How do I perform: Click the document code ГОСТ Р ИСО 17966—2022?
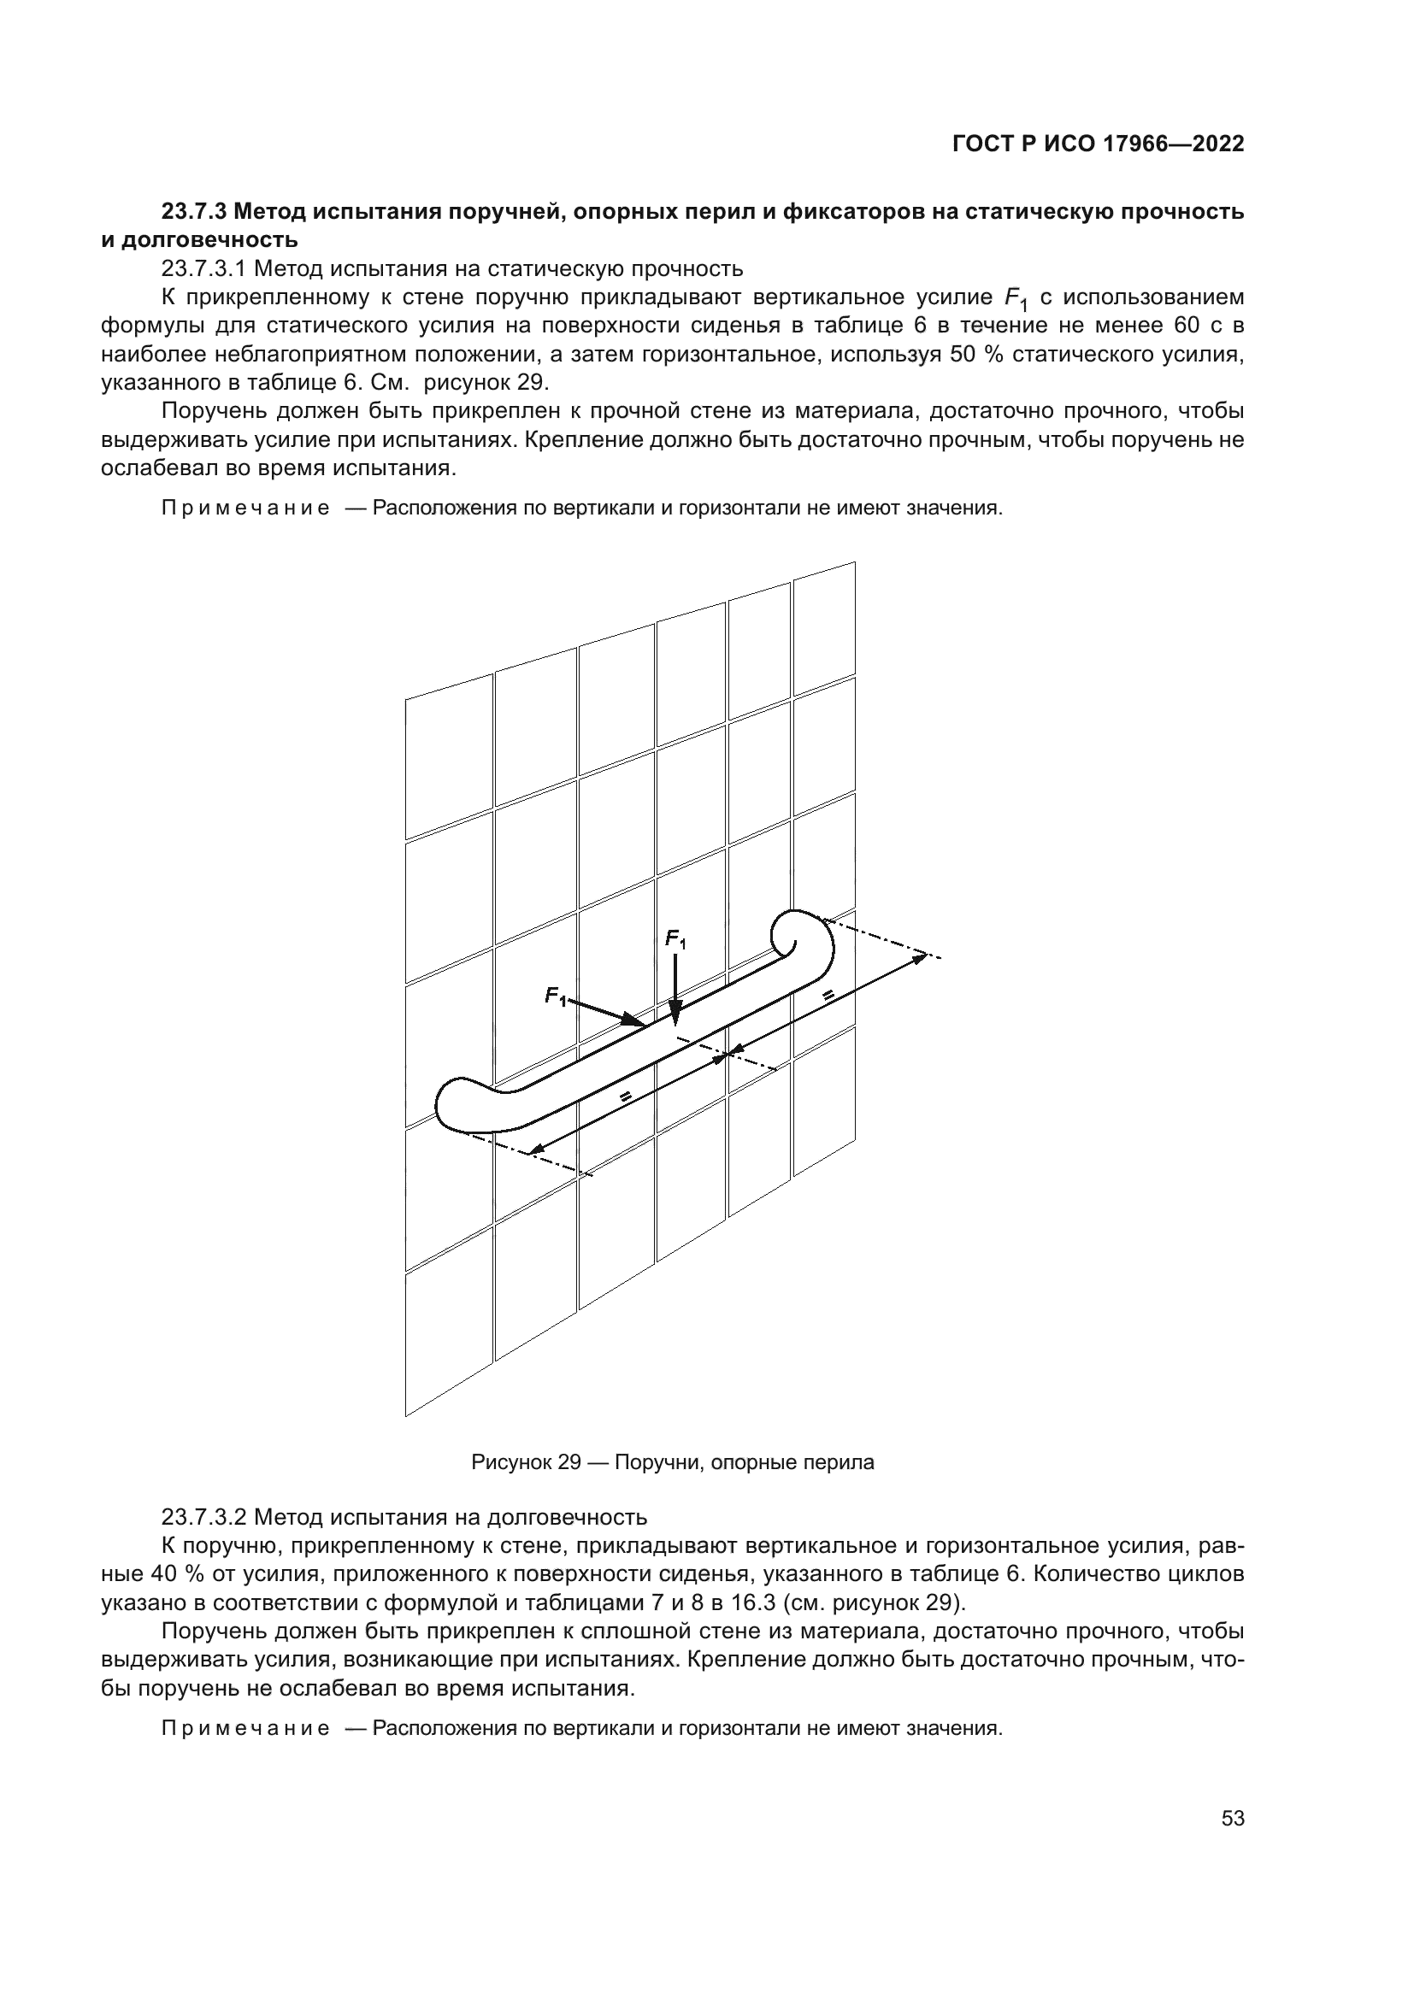1098,144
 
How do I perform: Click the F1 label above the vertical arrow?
675,939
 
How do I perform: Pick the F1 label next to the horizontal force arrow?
555,995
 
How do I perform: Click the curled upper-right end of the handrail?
801,938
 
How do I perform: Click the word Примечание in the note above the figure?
245,509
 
